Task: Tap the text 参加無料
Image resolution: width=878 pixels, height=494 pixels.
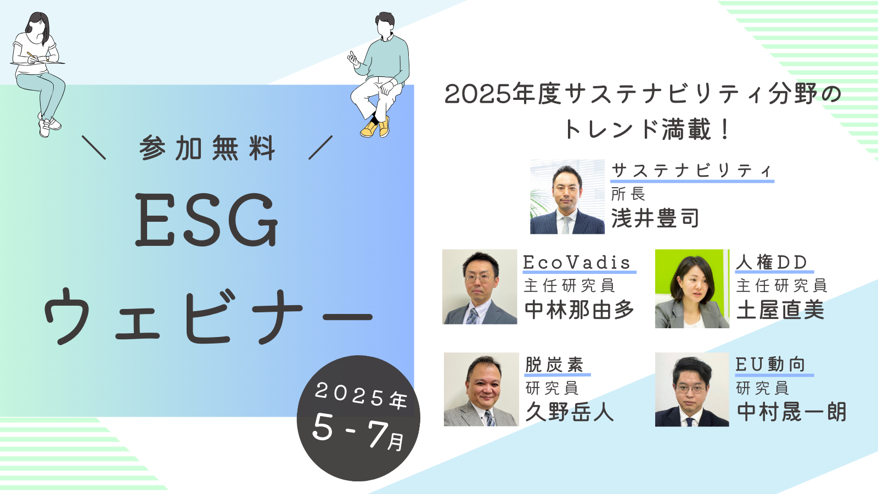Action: tap(207, 148)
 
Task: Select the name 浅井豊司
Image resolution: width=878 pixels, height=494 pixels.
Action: tap(655, 218)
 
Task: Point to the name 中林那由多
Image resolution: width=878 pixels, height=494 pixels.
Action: tap(579, 310)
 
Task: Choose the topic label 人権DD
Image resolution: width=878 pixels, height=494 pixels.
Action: tap(772, 262)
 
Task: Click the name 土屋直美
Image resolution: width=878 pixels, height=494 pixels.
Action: tap(780, 310)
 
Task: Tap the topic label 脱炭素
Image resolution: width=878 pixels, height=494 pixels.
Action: tap(554, 364)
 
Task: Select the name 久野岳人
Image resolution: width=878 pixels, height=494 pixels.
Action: tap(570, 412)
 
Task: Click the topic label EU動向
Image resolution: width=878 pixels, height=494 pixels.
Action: tap(770, 364)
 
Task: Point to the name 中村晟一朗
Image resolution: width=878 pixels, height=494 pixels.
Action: tap(791, 412)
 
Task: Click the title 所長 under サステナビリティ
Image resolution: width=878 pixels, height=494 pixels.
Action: tap(628, 194)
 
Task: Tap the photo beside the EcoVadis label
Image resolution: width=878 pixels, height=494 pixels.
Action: tap(480, 287)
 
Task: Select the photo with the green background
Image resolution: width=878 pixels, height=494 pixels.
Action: tap(692, 289)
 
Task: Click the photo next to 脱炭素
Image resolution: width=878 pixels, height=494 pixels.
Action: tap(481, 389)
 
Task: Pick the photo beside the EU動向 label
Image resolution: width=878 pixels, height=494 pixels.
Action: tap(692, 389)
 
